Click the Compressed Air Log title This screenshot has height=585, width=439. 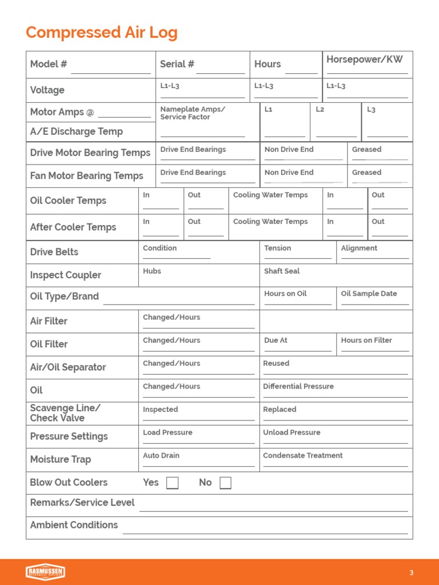click(102, 33)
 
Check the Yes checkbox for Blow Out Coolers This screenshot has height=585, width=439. click(172, 483)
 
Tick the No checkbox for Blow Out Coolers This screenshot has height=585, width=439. click(225, 483)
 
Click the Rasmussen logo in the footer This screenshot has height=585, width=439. click(45, 572)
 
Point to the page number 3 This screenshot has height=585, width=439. click(411, 573)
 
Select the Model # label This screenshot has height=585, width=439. click(49, 64)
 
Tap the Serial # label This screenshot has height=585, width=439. click(177, 64)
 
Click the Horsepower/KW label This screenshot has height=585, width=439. click(364, 59)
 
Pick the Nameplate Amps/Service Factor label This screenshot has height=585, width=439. click(193, 113)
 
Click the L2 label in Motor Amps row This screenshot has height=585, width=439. click(320, 109)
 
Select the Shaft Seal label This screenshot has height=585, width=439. click(282, 271)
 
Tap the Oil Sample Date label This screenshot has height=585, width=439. click(369, 294)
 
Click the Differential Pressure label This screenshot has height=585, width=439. click(298, 387)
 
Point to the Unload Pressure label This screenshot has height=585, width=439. click(292, 432)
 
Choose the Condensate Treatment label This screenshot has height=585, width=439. click(303, 456)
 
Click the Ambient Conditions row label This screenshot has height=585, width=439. click(74, 525)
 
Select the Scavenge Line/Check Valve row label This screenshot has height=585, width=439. click(65, 413)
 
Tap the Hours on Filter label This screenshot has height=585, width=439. click(366, 340)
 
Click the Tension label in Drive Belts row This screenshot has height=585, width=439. click(277, 249)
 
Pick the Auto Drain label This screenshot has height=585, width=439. click(161, 456)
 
